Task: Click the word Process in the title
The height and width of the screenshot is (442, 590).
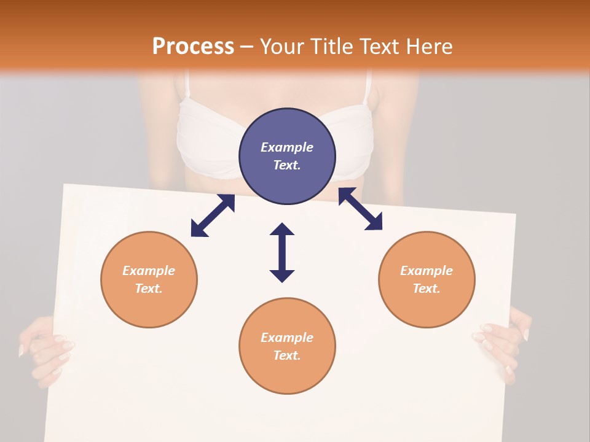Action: tap(193, 46)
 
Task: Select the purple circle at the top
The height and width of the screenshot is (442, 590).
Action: tap(287, 156)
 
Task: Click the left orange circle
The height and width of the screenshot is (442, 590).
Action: tap(149, 279)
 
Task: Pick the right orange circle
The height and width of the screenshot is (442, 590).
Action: tap(427, 279)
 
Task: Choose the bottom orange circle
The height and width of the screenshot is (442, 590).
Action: tap(287, 346)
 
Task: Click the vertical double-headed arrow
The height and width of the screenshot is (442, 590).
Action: tap(282, 252)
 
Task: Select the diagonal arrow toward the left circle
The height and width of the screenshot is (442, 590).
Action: tap(213, 215)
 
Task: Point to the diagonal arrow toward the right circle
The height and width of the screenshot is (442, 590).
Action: tap(360, 209)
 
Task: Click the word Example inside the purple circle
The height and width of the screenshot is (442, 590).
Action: tap(287, 147)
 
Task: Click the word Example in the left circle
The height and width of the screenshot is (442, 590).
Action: tap(149, 271)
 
